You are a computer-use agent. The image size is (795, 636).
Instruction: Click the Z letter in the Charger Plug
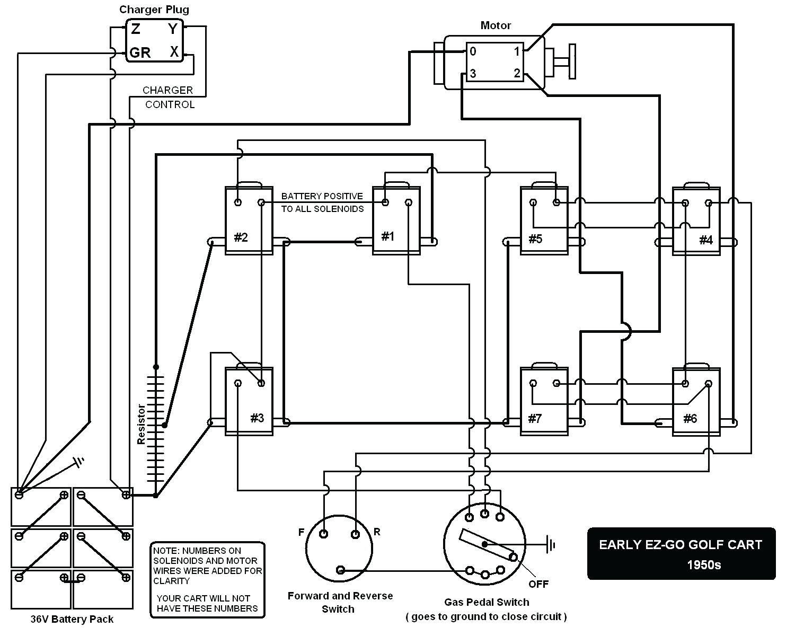[136, 29]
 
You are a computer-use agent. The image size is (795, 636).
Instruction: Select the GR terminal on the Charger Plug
[140, 52]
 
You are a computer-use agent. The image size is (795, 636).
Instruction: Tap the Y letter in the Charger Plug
[173, 29]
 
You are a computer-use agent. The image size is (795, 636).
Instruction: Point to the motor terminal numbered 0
[473, 51]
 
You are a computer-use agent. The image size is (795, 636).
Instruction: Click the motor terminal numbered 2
[517, 74]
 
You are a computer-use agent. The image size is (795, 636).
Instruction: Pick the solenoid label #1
[388, 236]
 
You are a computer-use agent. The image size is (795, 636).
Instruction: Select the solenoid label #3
[257, 418]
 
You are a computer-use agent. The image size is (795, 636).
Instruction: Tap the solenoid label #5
[535, 238]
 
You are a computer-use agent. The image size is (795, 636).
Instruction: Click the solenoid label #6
[690, 419]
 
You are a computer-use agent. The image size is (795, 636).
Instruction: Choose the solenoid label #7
[535, 419]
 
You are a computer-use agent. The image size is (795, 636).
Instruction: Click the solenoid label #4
[706, 240]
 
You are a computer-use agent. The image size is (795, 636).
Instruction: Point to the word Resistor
[141, 424]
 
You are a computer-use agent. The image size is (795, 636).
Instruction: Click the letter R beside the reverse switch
[377, 532]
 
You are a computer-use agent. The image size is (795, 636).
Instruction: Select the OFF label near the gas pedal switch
[538, 584]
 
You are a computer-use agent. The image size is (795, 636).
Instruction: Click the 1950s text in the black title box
[704, 564]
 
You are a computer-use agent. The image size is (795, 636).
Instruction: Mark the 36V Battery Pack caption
[72, 619]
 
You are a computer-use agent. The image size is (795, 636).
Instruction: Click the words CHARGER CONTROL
[169, 98]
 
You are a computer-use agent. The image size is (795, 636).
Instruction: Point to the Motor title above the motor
[496, 25]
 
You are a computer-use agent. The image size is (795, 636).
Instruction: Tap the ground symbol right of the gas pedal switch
[551, 544]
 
